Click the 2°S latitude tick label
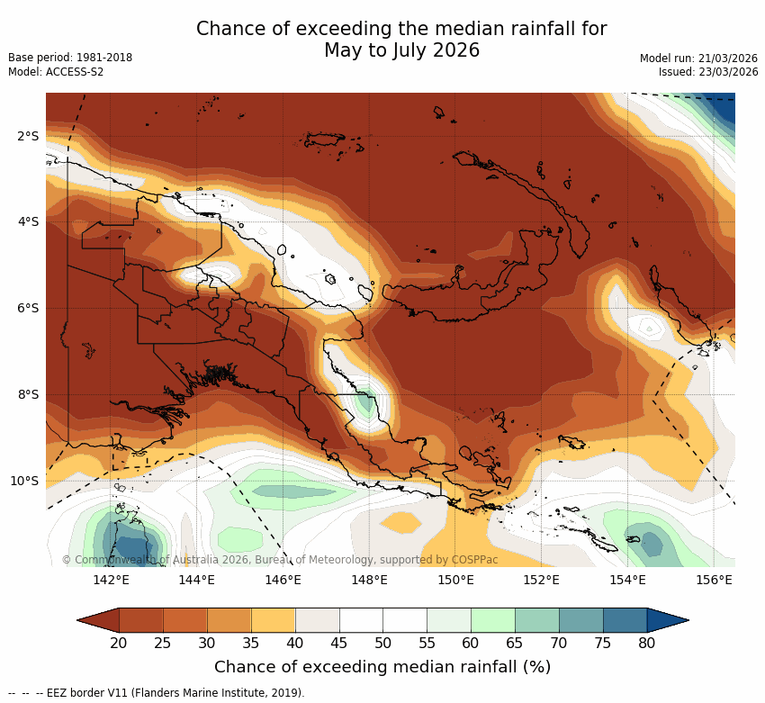point(27,136)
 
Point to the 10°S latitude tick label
point(24,481)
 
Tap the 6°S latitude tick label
point(27,308)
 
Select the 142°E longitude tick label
point(111,580)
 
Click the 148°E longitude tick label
point(369,580)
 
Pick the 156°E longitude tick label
point(714,580)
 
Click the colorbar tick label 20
point(118,643)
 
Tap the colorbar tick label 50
point(382,643)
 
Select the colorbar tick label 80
point(646,643)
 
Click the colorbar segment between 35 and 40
point(273,620)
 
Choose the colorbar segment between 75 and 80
point(625,620)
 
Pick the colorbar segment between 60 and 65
point(492,620)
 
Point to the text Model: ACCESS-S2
point(56,72)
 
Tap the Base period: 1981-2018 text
point(70,58)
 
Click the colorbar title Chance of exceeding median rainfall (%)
point(382,667)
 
